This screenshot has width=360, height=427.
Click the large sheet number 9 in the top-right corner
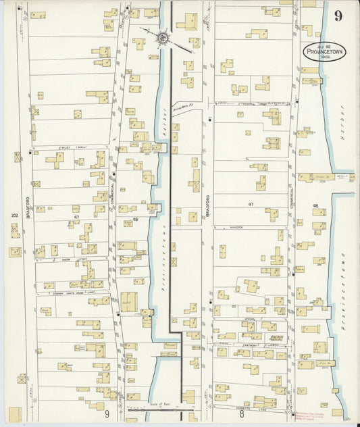[337, 14]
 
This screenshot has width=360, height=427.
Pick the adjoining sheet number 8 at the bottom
[241, 413]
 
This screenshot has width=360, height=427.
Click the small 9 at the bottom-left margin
[107, 413]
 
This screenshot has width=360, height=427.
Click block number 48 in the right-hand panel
[315, 205]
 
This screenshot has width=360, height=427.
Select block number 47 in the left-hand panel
[77, 217]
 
